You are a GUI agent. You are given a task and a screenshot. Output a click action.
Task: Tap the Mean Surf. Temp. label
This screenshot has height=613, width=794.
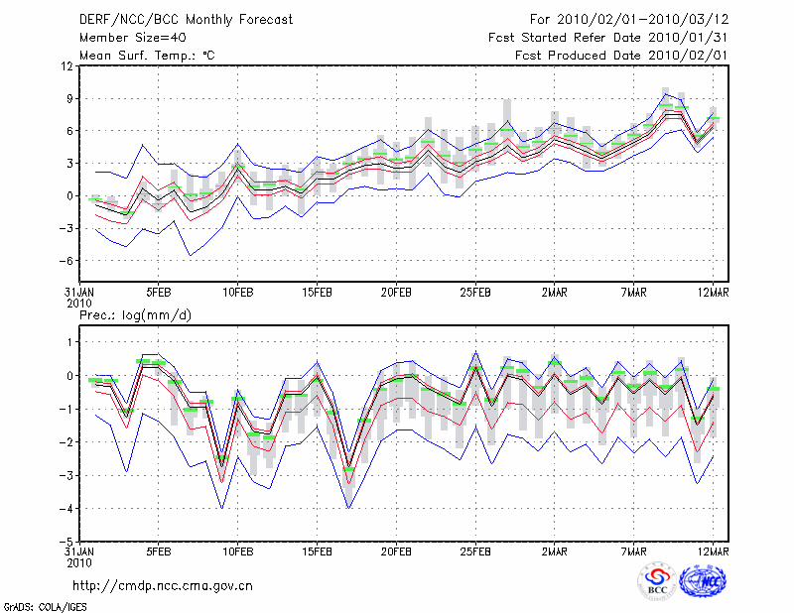(x=147, y=56)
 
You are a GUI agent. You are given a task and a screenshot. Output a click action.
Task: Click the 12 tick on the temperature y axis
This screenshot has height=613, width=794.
(x=66, y=65)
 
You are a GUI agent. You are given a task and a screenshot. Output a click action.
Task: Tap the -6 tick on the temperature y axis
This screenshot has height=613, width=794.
(x=66, y=260)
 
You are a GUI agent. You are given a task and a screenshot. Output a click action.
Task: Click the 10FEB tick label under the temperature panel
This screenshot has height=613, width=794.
(x=236, y=294)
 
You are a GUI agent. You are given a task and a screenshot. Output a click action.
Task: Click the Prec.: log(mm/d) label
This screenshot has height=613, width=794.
(x=135, y=314)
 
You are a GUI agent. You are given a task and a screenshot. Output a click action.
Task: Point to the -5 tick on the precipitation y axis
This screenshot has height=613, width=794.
(x=66, y=542)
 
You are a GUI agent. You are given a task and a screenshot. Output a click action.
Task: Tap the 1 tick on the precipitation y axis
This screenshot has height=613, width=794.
(x=69, y=342)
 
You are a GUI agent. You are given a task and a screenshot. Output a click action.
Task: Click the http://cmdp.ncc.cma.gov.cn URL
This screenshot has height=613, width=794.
(x=163, y=585)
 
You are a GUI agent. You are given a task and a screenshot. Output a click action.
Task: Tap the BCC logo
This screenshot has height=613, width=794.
(x=657, y=581)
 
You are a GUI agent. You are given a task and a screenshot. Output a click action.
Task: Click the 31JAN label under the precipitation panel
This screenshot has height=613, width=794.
(x=79, y=551)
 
